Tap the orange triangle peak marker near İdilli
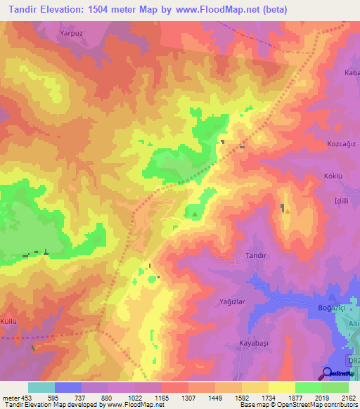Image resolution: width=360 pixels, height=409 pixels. pos(288,211)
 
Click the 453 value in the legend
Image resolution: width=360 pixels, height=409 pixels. pos(27,397)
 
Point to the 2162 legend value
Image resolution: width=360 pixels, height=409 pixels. pos(349,397)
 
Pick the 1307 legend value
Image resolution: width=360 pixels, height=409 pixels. pos(188,397)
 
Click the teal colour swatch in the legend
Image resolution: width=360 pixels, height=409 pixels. pos(41,387)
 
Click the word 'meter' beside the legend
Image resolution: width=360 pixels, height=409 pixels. pos(10,397)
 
